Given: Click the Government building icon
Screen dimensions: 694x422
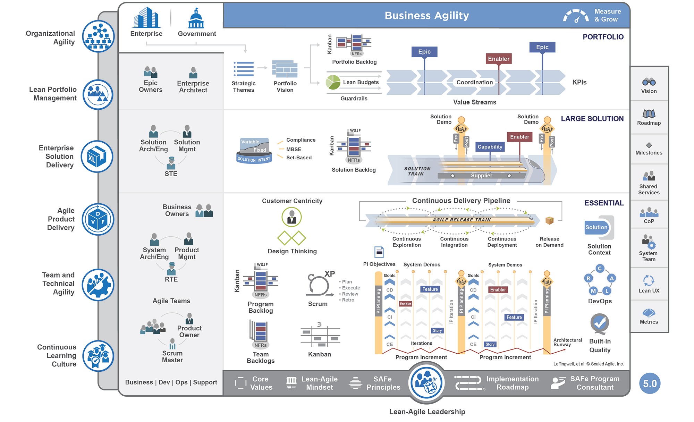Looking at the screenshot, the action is [x=196, y=19].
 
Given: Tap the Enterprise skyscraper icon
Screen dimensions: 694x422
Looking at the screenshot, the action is [x=146, y=18].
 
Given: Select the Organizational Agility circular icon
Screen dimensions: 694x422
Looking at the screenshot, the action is [x=98, y=36].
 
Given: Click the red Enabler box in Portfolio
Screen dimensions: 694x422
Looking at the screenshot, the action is [x=499, y=59].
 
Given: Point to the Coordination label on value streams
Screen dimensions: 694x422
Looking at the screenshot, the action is [x=474, y=82].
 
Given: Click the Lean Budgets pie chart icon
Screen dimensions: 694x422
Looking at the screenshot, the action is [x=333, y=82].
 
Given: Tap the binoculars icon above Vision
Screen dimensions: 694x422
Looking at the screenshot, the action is [x=649, y=82].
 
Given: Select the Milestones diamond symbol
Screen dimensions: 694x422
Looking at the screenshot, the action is [x=649, y=145].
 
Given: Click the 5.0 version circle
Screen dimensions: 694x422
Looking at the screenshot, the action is [x=650, y=383].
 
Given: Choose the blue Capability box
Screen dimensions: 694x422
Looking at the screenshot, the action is [x=490, y=147].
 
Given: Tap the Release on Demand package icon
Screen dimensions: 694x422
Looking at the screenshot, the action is [x=549, y=220].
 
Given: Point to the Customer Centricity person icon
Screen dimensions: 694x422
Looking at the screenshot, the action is [x=291, y=217].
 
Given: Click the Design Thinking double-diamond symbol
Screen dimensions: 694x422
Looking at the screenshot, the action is [x=291, y=238].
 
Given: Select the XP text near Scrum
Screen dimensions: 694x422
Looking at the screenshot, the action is [x=329, y=274].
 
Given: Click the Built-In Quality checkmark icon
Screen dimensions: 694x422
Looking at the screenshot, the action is [x=599, y=323].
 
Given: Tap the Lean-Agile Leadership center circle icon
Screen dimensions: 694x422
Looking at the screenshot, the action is [x=426, y=382].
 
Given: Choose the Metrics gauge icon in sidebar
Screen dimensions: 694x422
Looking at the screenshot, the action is [x=649, y=312].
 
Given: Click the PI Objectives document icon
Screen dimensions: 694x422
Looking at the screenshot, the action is [x=379, y=252].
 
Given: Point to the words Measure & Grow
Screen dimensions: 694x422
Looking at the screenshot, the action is [x=607, y=16].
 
